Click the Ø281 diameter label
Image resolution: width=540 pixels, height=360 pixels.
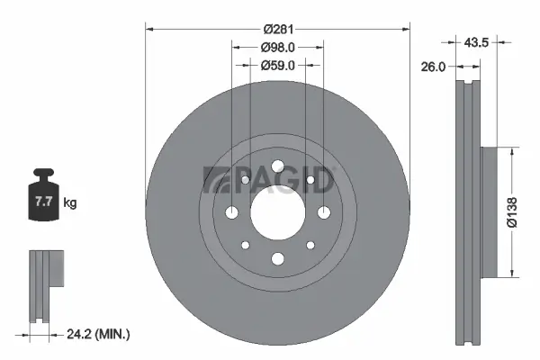[x=277, y=29]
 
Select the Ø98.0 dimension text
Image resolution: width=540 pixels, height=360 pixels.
[x=277, y=47]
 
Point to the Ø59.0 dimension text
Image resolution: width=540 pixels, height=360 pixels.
[x=277, y=65]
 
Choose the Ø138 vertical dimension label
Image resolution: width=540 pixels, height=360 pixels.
[x=512, y=211]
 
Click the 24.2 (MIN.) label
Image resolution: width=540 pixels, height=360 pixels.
[x=100, y=335]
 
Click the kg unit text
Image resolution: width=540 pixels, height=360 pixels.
[x=69, y=203]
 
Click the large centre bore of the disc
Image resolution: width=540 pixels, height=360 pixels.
[x=277, y=212]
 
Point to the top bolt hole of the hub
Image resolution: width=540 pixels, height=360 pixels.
[x=277, y=166]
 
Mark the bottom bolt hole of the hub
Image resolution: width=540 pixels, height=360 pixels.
[x=277, y=259]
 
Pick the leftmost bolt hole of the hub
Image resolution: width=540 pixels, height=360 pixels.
[x=232, y=212]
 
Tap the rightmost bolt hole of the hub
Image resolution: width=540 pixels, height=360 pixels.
[x=322, y=212]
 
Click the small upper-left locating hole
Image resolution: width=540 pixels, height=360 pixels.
[x=245, y=181]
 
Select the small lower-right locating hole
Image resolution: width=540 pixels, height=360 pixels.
[x=310, y=245]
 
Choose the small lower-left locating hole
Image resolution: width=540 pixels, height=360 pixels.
[x=245, y=245]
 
